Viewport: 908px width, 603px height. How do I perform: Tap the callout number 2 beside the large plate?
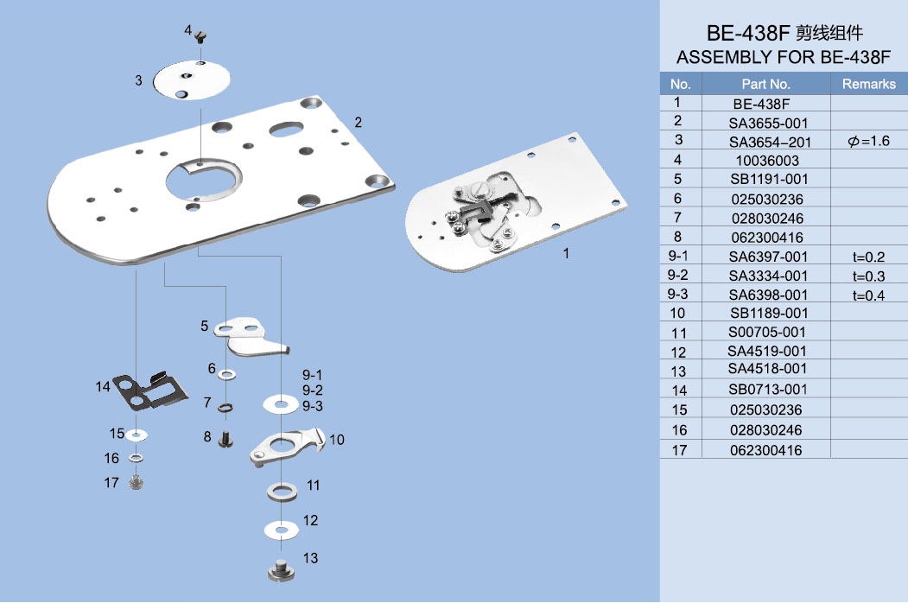[358, 122]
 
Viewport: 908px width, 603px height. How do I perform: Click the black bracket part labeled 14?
[152, 390]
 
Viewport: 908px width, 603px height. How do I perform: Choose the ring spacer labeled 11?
[282, 492]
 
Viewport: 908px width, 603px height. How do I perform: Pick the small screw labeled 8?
[227, 439]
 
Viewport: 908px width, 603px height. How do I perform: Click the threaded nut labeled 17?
[136, 482]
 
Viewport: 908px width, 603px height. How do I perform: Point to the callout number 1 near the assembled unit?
[567, 254]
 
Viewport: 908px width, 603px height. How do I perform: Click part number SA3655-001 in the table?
[767, 123]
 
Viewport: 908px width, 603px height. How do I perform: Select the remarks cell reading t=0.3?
[868, 276]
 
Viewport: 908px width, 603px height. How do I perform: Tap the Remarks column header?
[868, 84]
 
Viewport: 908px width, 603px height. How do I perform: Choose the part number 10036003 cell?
[765, 161]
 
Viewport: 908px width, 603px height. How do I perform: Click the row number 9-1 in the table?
[679, 256]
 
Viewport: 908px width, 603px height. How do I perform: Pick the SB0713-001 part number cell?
[767, 390]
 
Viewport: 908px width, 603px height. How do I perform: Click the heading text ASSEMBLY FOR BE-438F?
[783, 58]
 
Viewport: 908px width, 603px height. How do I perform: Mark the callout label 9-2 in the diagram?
[312, 390]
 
